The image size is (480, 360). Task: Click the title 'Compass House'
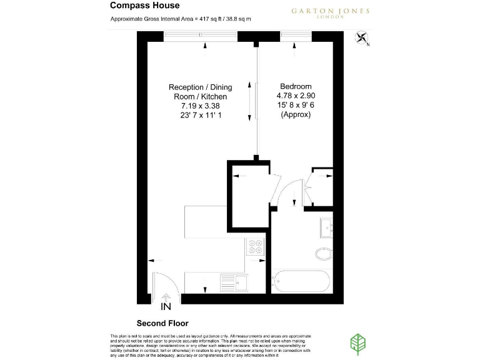click(144, 6)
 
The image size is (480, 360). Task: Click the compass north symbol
click(362, 37)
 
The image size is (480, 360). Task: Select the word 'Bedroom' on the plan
click(296, 86)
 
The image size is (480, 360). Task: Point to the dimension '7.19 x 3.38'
click(197, 106)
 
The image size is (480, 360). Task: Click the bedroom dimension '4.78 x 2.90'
click(296, 96)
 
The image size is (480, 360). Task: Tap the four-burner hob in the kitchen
click(255, 247)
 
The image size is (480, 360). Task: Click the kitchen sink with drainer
click(237, 282)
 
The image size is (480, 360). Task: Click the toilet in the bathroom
click(324, 254)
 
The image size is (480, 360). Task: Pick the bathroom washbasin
click(326, 228)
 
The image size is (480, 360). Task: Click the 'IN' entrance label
click(166, 307)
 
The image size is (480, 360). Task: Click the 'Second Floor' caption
click(162, 323)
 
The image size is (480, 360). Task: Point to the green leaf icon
click(358, 343)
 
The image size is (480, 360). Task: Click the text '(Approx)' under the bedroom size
click(296, 115)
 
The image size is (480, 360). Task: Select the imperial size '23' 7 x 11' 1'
click(197, 116)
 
